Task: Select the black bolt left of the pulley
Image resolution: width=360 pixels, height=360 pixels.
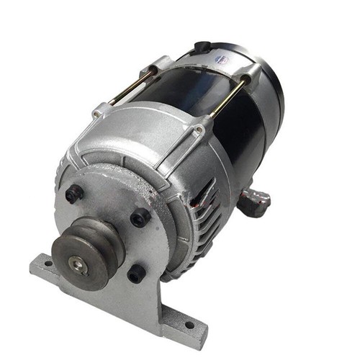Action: tap(74, 193)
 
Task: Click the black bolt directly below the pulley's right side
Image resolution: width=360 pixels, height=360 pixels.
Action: tap(136, 273)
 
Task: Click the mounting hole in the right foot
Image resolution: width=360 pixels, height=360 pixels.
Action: tap(189, 325)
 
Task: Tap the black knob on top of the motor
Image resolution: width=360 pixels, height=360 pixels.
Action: tap(202, 47)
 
